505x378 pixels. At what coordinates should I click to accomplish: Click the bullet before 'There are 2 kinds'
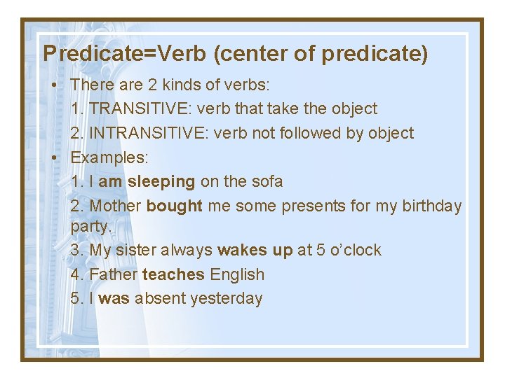(x=55, y=85)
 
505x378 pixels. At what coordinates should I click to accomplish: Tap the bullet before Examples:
(x=55, y=157)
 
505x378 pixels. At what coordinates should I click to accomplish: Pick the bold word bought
(x=175, y=206)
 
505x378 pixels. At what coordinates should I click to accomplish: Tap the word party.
(x=92, y=227)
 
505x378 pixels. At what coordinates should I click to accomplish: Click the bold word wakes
(x=242, y=250)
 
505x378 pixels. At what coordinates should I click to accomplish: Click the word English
(x=237, y=274)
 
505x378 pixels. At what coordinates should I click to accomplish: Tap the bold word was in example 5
(x=114, y=298)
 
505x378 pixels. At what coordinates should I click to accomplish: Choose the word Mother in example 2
(x=115, y=206)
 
